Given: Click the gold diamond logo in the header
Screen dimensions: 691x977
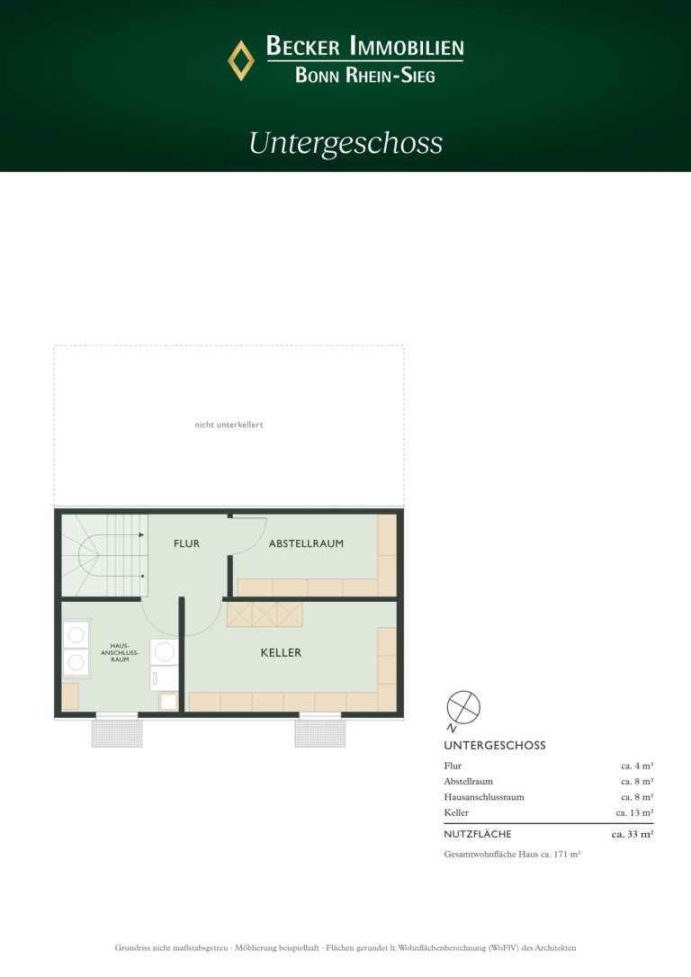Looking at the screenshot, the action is click(241, 60).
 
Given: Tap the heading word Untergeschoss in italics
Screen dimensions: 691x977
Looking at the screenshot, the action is click(345, 143).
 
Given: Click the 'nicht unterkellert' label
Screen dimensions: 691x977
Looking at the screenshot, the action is click(229, 425).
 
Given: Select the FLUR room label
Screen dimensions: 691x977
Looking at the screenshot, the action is click(187, 543).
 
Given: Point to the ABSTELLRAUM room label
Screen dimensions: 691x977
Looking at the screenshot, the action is click(306, 543).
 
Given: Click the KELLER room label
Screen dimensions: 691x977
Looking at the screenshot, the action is click(281, 652).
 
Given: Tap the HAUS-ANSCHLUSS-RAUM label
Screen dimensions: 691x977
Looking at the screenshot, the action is click(120, 652).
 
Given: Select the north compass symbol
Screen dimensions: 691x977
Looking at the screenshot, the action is click(463, 709).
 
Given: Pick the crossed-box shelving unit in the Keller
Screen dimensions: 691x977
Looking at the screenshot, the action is click(265, 614).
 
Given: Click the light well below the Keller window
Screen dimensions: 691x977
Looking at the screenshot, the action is click(320, 733).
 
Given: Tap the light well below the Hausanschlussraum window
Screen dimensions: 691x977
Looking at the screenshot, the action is click(117, 733).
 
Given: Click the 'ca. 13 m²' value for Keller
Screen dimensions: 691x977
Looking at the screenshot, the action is click(634, 812).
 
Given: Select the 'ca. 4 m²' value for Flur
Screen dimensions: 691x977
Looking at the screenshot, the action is click(637, 766).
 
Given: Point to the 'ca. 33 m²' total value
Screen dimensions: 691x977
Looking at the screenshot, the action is click(633, 834).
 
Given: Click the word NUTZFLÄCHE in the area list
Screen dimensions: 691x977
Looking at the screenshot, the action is click(477, 834).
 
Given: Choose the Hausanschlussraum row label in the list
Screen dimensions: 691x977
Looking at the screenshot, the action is click(484, 797).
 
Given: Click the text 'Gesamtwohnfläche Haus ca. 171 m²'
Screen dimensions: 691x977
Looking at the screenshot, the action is click(512, 855).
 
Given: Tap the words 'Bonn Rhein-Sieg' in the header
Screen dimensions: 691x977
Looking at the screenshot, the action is click(365, 76).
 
